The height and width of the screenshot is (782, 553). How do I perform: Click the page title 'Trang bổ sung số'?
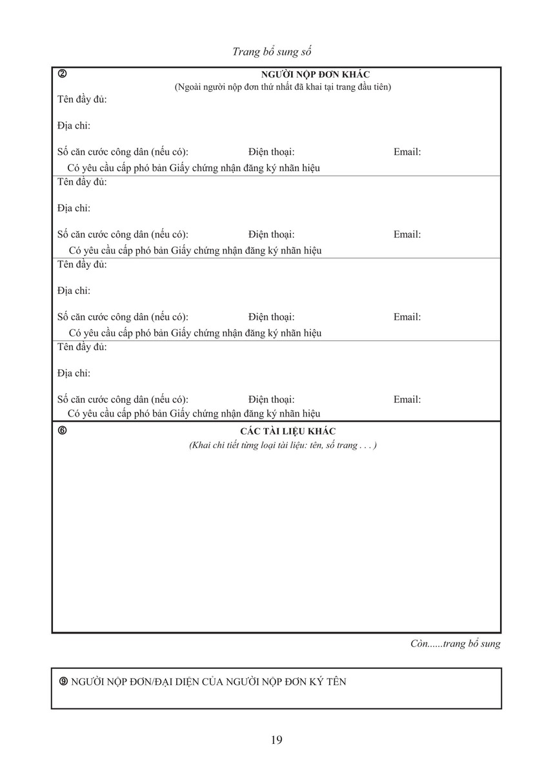click(x=276, y=52)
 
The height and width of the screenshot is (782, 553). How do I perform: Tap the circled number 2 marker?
click(x=62, y=74)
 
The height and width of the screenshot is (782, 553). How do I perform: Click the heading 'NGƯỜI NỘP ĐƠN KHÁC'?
click(x=315, y=75)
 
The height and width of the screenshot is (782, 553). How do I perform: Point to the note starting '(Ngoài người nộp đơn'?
click(x=283, y=87)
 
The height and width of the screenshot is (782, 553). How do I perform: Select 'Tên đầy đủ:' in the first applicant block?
click(x=82, y=99)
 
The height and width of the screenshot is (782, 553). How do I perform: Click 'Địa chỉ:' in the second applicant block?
click(x=74, y=208)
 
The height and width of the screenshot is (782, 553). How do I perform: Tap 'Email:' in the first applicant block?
click(x=407, y=152)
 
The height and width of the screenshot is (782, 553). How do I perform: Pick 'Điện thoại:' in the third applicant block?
click(x=271, y=317)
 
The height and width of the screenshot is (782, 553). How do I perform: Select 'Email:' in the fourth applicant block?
click(x=407, y=400)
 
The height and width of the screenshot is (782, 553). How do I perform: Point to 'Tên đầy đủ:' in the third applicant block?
click(x=82, y=265)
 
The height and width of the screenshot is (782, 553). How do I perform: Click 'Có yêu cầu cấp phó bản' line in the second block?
click(x=195, y=251)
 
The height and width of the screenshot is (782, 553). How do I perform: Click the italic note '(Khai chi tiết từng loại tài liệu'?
click(x=283, y=446)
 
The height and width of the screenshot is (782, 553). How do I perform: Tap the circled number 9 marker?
click(x=63, y=681)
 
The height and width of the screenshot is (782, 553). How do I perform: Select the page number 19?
click(x=277, y=740)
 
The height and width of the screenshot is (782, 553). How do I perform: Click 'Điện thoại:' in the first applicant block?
click(x=271, y=152)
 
